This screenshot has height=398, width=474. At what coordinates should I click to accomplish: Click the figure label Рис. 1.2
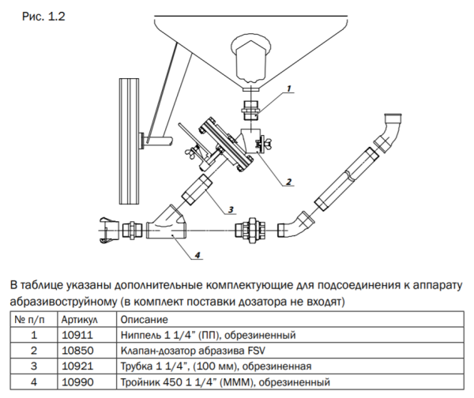click(43, 17)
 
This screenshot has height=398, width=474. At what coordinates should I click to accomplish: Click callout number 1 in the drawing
click(288, 88)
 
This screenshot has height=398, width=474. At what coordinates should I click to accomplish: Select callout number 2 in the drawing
click(288, 182)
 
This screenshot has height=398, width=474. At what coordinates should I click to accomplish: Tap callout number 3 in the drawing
click(231, 209)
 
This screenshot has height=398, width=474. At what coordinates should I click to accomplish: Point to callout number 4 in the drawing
click(197, 255)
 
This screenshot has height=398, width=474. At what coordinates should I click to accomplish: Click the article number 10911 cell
click(77, 335)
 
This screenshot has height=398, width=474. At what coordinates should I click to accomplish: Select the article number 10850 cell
click(77, 351)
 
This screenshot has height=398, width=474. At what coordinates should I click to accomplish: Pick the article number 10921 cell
click(77, 366)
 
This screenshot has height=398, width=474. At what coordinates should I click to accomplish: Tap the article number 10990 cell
click(77, 382)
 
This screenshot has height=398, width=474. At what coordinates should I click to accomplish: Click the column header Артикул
click(80, 320)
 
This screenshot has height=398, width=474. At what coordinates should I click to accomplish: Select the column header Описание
click(145, 320)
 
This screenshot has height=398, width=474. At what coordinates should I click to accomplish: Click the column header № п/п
click(30, 320)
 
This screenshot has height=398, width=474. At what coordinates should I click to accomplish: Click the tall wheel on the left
click(129, 141)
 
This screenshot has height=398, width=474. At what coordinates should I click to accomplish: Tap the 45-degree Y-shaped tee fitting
click(167, 223)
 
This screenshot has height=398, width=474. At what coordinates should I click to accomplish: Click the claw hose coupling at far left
click(109, 231)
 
